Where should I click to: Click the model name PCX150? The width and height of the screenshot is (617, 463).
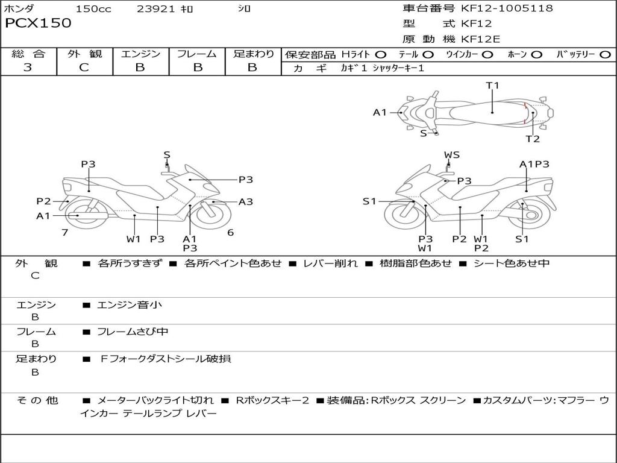click(x=38, y=24)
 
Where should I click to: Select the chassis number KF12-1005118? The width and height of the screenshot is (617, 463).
click(x=507, y=8)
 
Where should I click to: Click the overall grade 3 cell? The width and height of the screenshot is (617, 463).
click(x=28, y=68)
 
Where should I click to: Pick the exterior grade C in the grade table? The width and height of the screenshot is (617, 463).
click(x=84, y=68)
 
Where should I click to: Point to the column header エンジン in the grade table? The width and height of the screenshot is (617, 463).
click(x=140, y=54)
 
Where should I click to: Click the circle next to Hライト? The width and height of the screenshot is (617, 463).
click(x=380, y=55)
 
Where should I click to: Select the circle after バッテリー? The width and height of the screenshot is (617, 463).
click(x=606, y=55)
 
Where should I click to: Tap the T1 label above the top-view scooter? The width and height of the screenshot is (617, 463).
click(x=493, y=86)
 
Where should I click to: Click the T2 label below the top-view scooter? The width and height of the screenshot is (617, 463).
click(x=533, y=139)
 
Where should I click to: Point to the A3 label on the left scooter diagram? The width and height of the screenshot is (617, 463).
click(x=245, y=202)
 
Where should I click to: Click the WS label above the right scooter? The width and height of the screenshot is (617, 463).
click(x=452, y=155)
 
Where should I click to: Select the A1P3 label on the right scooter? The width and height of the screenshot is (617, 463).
click(x=534, y=164)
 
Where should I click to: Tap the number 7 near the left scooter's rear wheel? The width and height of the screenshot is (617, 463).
click(x=64, y=232)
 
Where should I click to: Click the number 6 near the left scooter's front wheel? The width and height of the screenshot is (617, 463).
click(x=230, y=232)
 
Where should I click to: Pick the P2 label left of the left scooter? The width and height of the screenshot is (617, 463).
click(x=43, y=201)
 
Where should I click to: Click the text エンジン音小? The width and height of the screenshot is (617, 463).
click(x=130, y=305)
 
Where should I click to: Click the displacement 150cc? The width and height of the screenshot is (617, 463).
click(x=93, y=9)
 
